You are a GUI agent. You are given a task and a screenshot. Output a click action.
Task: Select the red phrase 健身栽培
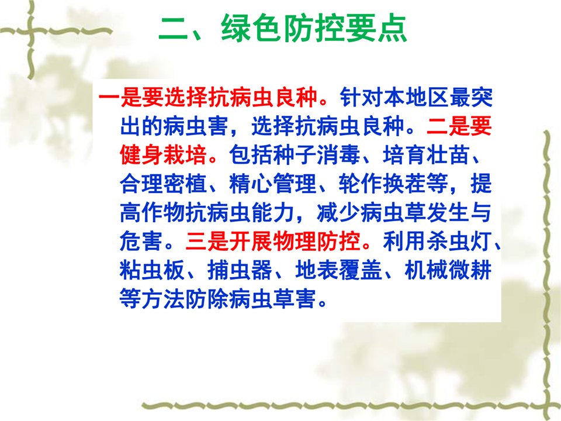[164, 154]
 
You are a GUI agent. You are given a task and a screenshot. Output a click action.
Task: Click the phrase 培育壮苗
[426, 154]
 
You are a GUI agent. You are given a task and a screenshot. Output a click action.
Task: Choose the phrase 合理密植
[164, 183]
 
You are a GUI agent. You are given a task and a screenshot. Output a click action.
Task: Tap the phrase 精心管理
[273, 183]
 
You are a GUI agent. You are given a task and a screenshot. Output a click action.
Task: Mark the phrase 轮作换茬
[382, 183]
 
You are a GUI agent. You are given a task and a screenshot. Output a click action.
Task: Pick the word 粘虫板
[153, 270]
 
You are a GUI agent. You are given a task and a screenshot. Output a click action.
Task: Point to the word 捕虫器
[240, 270]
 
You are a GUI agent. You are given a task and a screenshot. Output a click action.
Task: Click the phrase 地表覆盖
[339, 270]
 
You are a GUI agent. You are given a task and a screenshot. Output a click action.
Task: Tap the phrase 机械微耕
[448, 270]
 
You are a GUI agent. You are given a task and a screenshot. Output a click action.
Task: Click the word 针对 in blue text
[361, 97]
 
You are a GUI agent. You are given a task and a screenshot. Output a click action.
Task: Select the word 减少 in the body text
[338, 212]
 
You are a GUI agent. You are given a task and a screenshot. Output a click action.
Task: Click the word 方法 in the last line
[164, 299]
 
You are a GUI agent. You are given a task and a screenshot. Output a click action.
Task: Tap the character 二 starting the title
[173, 28]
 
